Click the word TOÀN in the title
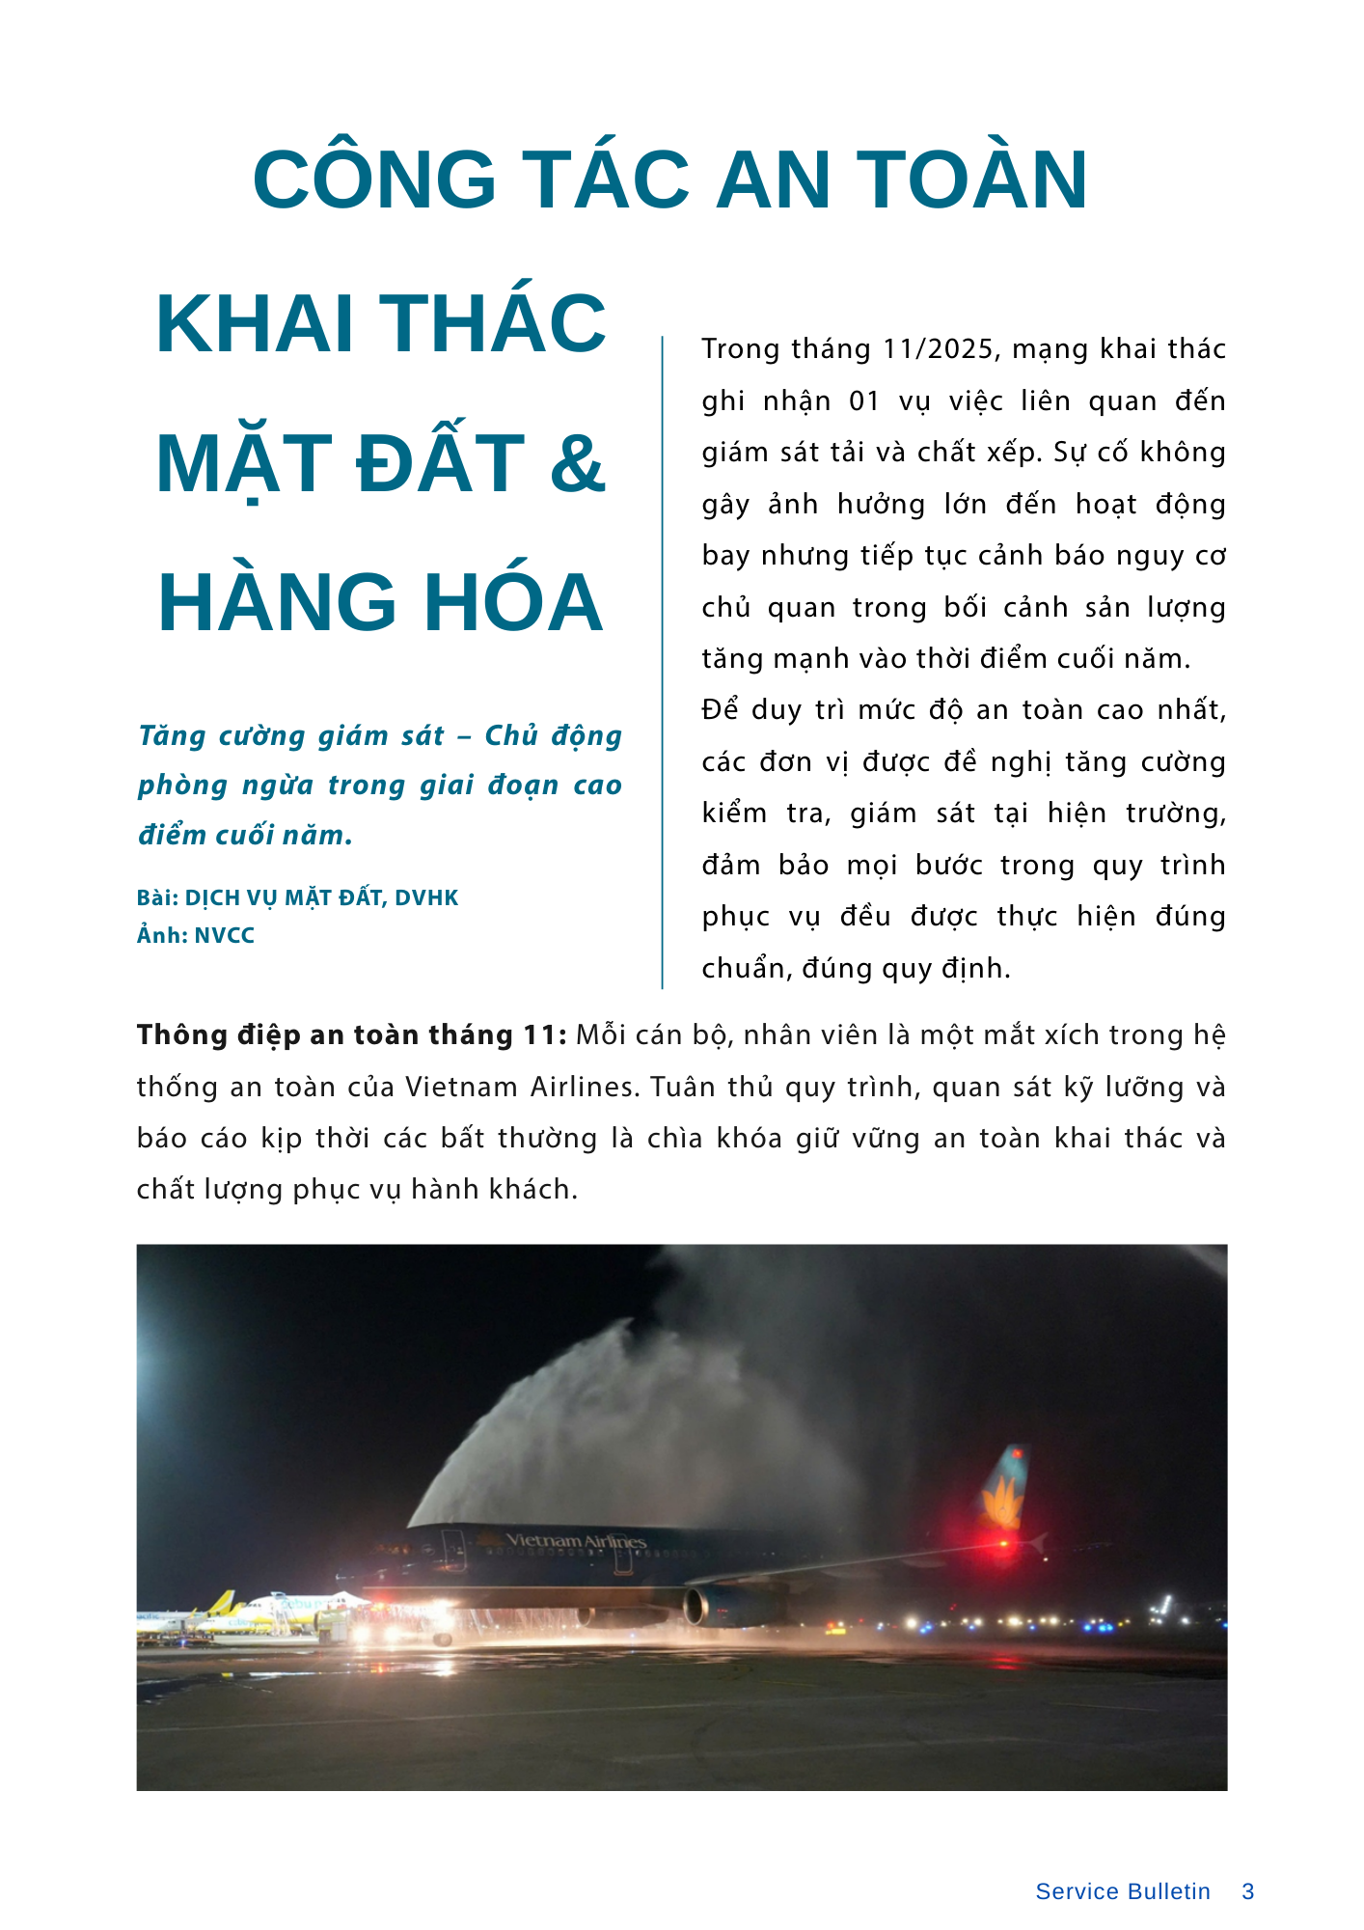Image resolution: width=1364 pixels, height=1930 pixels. [972, 180]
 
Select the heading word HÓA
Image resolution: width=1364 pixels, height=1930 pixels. [514, 603]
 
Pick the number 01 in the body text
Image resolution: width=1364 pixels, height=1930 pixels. [864, 401]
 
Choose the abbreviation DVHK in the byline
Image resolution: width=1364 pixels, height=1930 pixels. [426, 898]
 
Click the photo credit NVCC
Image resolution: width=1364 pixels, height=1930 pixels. [225, 936]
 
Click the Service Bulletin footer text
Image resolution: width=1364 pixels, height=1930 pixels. [1123, 1891]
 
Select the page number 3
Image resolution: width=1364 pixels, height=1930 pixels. [1248, 1891]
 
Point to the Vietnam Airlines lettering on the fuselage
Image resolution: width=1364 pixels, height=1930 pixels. [575, 1541]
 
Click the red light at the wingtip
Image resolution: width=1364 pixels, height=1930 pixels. [1004, 1543]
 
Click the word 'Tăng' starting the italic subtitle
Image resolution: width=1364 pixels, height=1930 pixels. [172, 736]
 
